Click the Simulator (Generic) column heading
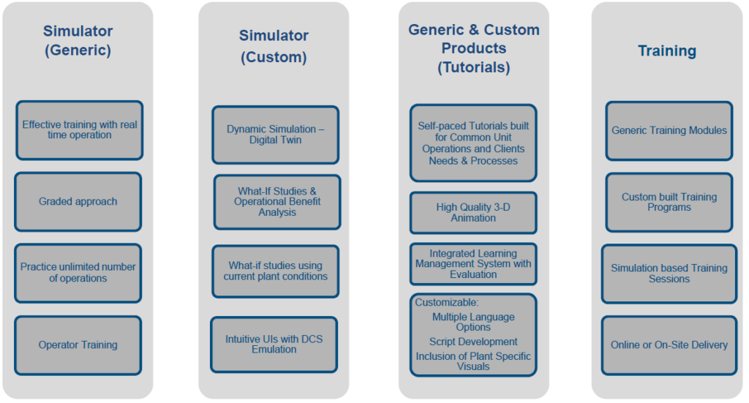(x=78, y=41)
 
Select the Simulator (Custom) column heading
(x=274, y=46)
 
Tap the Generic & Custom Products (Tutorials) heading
(x=473, y=48)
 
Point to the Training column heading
(x=666, y=50)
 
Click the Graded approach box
(x=78, y=202)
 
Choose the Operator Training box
(x=78, y=345)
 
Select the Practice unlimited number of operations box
(x=78, y=273)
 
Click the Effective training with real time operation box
(x=79, y=130)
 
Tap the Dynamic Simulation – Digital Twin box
(x=275, y=135)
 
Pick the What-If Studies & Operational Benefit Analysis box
(x=277, y=202)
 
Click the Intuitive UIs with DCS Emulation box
(x=274, y=344)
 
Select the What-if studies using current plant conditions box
(x=276, y=271)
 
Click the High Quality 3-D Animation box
(x=473, y=213)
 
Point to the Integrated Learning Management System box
(x=473, y=264)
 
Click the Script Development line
(x=473, y=342)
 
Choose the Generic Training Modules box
(x=669, y=131)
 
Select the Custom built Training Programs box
(x=669, y=202)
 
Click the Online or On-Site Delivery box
(x=669, y=345)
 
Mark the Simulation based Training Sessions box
(x=669, y=274)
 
